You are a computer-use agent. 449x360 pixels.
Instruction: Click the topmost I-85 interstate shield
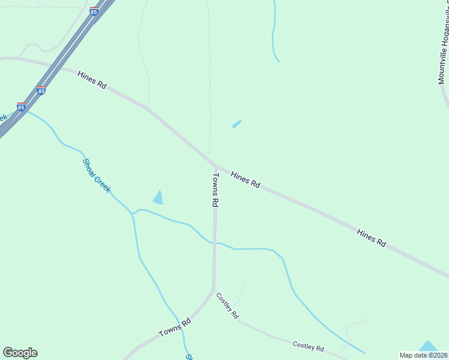point(94,11)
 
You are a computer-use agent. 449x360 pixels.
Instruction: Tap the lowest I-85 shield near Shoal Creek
point(22,107)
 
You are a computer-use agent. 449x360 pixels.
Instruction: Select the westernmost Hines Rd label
point(92,80)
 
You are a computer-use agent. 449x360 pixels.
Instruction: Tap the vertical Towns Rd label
point(215,190)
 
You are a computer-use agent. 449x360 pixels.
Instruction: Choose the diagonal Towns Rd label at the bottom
point(175,327)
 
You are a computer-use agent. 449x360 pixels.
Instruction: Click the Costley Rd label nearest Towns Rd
point(228,306)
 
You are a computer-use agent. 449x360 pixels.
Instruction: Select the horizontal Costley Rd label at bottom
point(308,347)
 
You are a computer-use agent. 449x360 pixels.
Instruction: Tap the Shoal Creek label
point(97,176)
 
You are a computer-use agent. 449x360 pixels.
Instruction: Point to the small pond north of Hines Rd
point(237,124)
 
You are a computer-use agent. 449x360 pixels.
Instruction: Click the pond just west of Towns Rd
point(158,197)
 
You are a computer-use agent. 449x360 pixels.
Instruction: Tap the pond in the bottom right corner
point(428,346)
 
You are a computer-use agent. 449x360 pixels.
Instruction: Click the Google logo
point(20,353)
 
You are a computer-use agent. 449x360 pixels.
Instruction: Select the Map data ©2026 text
point(424,355)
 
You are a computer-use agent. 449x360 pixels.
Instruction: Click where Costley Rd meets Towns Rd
point(214,290)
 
